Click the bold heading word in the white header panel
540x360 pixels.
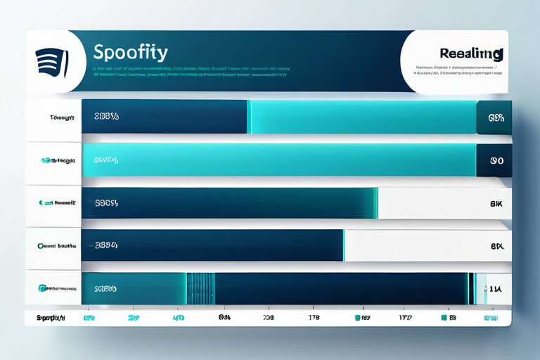[470, 53]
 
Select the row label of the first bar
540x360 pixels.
[62, 118]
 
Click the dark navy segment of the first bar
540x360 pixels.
[165, 117]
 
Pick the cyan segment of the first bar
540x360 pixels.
[362, 117]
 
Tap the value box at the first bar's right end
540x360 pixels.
[494, 117]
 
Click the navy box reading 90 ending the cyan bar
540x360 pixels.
[494, 160]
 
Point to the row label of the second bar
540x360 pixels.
[58, 160]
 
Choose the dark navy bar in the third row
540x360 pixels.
[228, 203]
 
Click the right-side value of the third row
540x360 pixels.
[496, 204]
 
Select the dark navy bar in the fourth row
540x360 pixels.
[212, 246]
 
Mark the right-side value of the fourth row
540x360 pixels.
[496, 247]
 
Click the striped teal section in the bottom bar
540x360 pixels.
[200, 288]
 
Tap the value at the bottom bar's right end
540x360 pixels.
[494, 288]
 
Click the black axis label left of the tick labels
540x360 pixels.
[50, 318]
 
